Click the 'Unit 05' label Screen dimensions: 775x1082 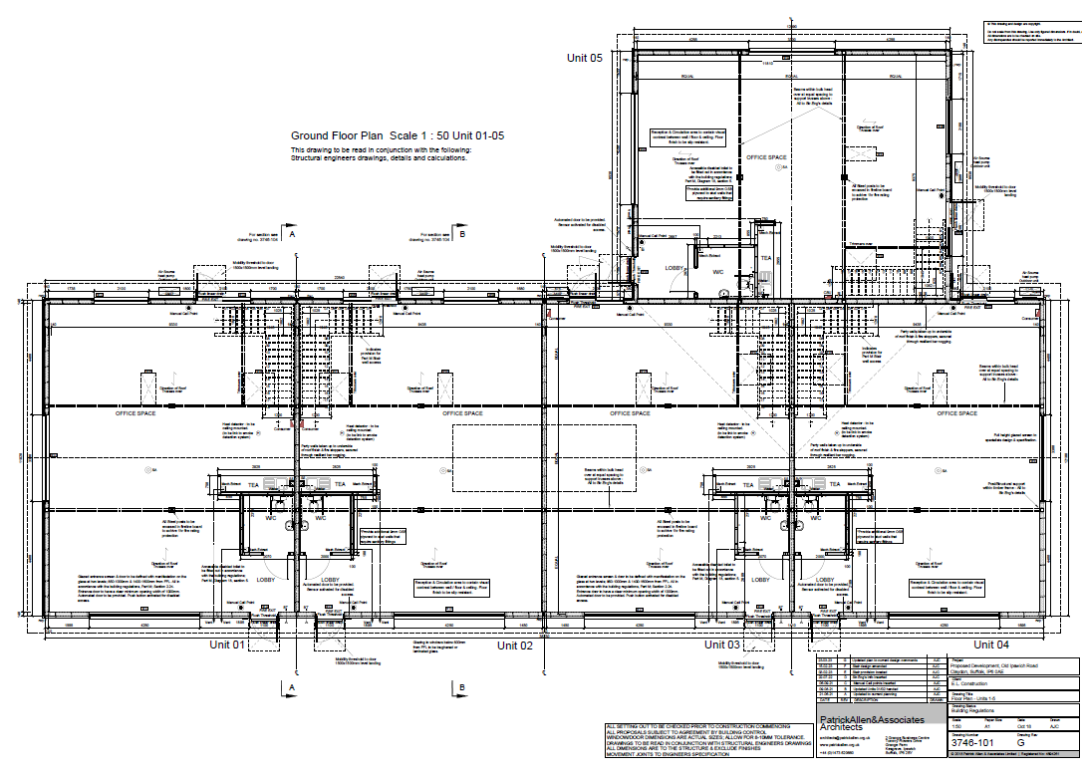585,58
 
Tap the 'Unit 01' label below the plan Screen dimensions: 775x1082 227,645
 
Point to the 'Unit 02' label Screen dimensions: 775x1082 515,645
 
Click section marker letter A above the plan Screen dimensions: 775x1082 293,234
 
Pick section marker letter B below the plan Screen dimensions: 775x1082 462,687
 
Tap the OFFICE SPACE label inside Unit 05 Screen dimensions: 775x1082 766,157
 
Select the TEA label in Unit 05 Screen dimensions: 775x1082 766,257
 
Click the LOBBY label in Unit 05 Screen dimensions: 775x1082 674,269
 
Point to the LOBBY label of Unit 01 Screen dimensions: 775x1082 266,579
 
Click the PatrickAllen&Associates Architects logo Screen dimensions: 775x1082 871,722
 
